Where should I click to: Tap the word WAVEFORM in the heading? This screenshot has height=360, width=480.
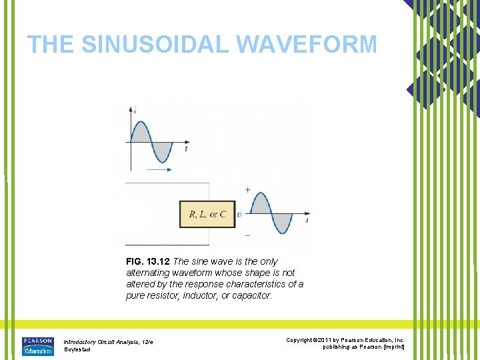tap(307, 45)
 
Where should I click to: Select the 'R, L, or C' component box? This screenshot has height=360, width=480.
tap(207, 215)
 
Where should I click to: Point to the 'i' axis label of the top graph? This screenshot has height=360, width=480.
tap(135, 109)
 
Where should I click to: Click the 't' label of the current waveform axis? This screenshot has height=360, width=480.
tap(186, 149)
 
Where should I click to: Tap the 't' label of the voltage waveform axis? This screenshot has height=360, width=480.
tap(307, 219)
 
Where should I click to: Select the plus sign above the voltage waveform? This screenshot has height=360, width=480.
tap(248, 190)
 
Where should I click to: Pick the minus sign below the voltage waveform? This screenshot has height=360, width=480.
tap(248, 235)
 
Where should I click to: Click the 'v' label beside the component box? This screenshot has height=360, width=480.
tap(239, 215)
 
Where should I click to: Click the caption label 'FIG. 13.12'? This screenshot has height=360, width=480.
tap(147, 261)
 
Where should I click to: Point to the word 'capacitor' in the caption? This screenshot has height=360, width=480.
tap(251, 295)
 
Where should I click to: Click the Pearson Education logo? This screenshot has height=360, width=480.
tap(37, 345)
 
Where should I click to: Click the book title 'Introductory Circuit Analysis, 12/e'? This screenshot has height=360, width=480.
tap(109, 341)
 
